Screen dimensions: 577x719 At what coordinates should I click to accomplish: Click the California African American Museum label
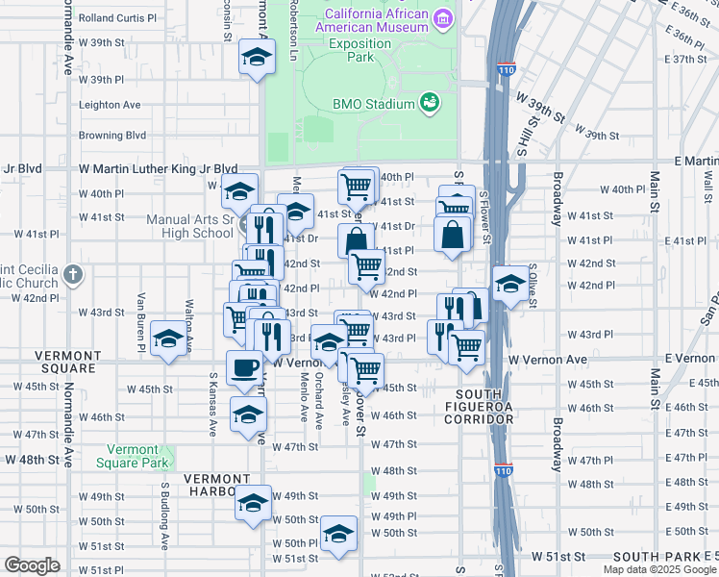pos(376,20)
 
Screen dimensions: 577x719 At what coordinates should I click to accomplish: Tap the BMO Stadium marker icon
pos(430,103)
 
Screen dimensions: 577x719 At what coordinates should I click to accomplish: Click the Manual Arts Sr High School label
pos(189,226)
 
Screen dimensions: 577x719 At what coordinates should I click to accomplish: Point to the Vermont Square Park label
pos(132,456)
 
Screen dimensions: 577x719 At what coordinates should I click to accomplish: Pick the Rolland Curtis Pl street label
pos(117,18)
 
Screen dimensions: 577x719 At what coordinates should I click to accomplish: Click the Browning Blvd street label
pos(112,136)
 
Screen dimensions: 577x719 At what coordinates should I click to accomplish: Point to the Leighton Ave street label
pos(110,105)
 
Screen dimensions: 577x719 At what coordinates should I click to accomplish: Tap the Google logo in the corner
pos(32,565)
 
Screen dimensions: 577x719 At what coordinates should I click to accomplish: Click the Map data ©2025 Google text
pos(659,569)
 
